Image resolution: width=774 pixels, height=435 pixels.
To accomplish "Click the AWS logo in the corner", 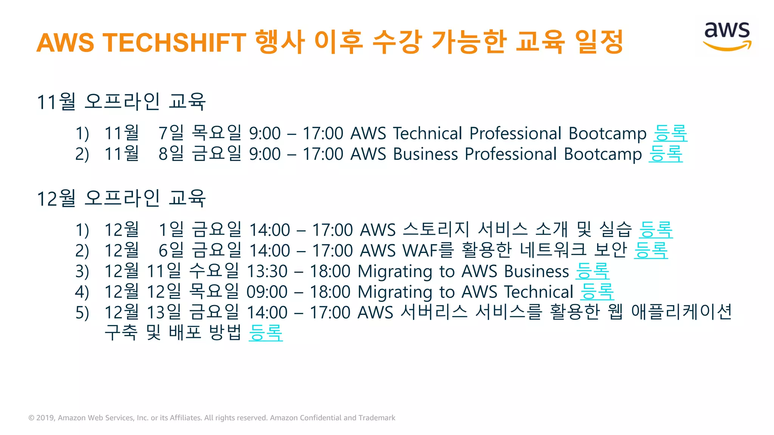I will coord(727,36).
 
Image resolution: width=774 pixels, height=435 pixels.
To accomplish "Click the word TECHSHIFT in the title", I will coord(175,42).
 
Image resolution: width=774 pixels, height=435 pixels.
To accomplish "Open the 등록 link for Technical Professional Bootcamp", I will coord(670,133).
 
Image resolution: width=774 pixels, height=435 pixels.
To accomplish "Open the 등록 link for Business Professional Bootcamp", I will coord(666,154).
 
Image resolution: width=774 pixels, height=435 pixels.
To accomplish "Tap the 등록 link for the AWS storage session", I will coord(656,230).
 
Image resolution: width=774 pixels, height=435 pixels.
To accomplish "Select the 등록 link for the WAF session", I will coord(651,250).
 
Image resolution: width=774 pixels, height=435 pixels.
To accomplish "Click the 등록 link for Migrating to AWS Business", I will coord(592,271).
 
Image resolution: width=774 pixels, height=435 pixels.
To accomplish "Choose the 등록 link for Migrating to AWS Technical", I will coord(597,292).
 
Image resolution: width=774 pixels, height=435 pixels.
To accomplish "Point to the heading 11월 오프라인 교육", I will coord(121,102).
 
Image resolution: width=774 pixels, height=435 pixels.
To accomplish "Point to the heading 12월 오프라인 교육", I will coord(121,199).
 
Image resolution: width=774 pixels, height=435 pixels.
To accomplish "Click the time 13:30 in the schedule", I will coord(267,271).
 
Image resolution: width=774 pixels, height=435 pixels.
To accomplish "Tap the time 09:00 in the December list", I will coord(267,292).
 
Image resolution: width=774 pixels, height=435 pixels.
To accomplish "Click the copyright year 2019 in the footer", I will coord(45,418).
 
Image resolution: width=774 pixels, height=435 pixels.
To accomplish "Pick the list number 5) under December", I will coord(82,313).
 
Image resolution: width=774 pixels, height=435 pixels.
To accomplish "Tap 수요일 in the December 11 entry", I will coord(214,271).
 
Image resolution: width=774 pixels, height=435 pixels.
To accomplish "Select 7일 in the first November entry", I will coord(171,133).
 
